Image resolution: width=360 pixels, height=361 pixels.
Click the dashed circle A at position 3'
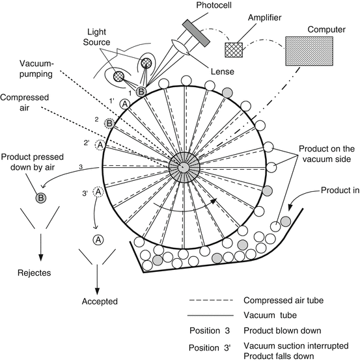(98, 192)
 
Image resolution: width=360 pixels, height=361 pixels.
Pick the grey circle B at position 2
(110, 123)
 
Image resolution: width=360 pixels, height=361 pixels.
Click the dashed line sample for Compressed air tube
(212, 301)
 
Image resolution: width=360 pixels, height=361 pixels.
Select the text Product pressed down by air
(37, 166)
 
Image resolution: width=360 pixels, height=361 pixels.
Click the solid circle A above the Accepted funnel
(98, 239)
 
